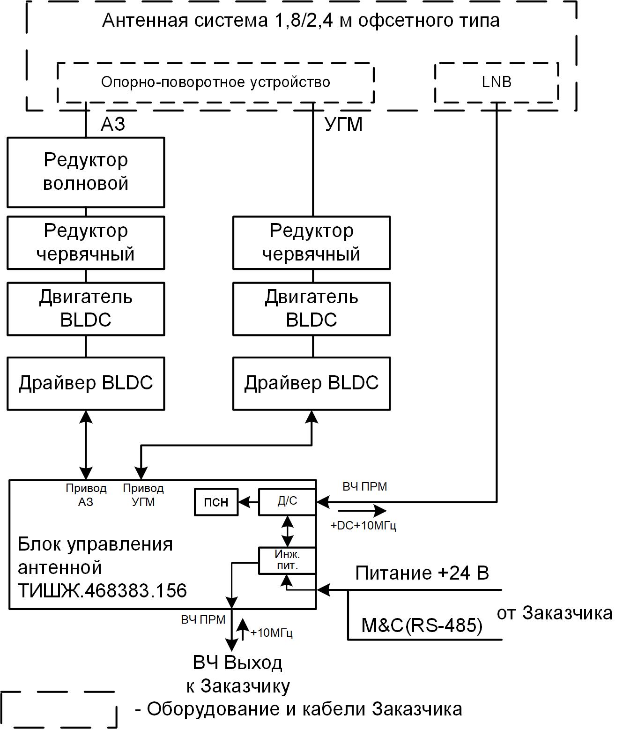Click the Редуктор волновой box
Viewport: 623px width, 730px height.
[x=86, y=172]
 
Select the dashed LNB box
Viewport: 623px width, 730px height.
[x=497, y=82]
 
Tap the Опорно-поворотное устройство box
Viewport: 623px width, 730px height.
[x=215, y=82]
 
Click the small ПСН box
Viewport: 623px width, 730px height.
[x=216, y=502]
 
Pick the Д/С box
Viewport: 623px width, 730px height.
[x=287, y=501]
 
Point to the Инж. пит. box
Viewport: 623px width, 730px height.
[x=287, y=560]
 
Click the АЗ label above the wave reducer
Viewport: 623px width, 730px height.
[x=113, y=124]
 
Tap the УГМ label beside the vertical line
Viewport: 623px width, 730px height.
[x=343, y=125]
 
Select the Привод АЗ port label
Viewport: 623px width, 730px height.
[x=86, y=495]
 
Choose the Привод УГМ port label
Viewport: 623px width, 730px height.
[x=143, y=495]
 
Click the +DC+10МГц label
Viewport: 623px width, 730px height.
[x=363, y=526]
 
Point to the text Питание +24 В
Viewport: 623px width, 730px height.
[x=422, y=573]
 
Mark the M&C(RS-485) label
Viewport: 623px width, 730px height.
[x=422, y=625]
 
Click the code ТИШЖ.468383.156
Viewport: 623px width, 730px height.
[x=102, y=590]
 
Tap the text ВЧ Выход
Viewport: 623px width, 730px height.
[x=237, y=663]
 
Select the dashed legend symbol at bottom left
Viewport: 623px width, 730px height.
[x=59, y=709]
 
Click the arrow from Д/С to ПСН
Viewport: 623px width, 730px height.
[x=248, y=502]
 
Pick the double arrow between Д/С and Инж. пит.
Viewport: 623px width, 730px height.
[x=287, y=531]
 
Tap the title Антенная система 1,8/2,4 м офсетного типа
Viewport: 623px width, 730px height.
[x=301, y=21]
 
